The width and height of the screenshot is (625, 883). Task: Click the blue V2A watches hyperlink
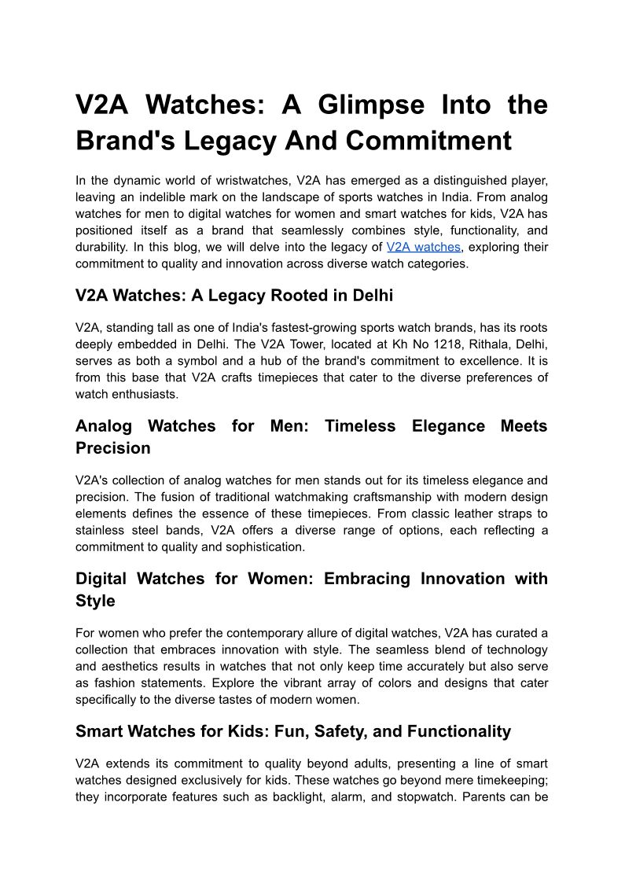(x=423, y=247)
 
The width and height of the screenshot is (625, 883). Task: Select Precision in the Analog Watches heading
(x=112, y=448)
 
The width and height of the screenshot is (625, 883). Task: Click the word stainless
(x=101, y=530)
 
